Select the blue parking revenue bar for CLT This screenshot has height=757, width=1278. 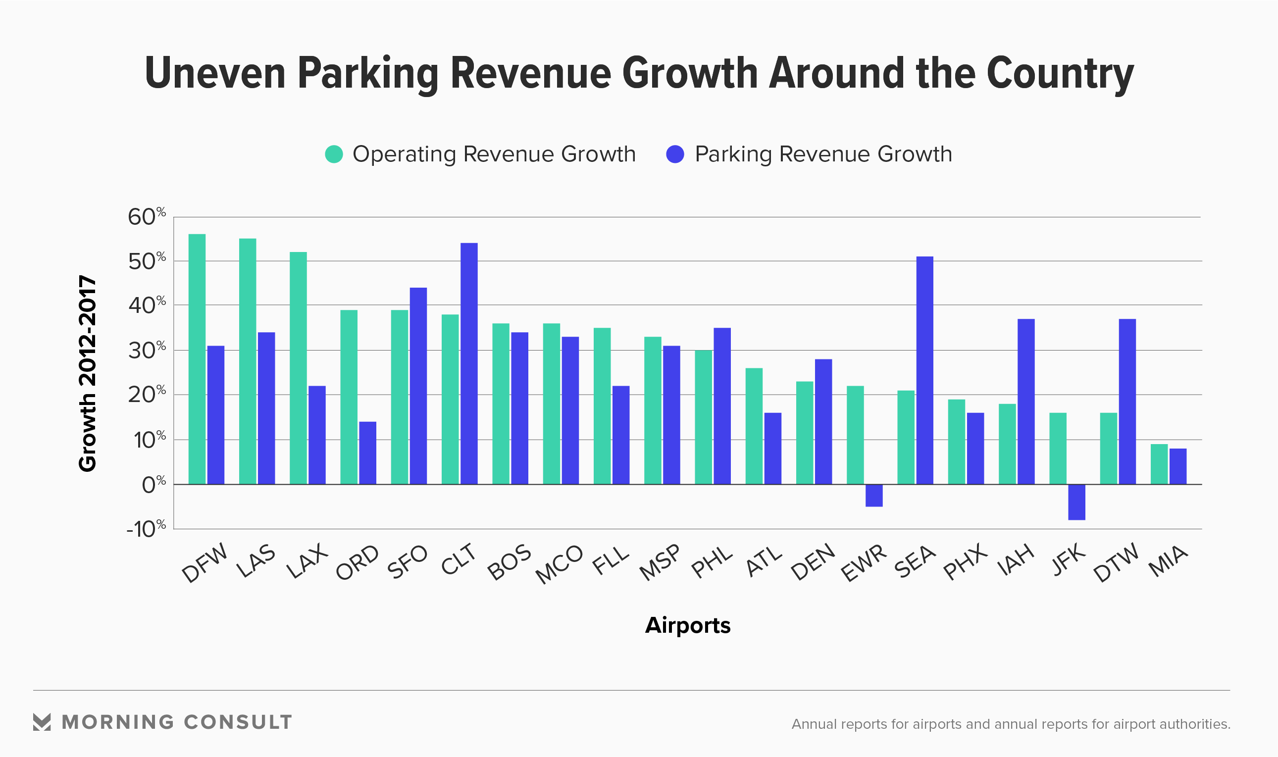point(469,363)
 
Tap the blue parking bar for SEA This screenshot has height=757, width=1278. point(924,370)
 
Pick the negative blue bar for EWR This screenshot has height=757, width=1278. point(874,495)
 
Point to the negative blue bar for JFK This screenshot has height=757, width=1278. point(1076,502)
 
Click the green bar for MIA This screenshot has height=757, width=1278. point(1159,464)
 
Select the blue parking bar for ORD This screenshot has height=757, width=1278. point(367,453)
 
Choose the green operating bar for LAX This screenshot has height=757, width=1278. point(299,368)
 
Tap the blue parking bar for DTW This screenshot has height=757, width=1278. point(1127,402)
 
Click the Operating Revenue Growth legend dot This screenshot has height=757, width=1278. point(334,154)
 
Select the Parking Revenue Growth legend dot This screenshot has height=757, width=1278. point(675,154)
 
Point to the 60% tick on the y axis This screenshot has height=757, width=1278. point(147,217)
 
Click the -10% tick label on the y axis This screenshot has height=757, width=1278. point(146,529)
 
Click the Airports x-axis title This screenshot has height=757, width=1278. point(688,625)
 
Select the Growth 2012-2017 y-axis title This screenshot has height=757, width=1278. point(88,373)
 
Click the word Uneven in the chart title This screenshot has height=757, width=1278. point(215,73)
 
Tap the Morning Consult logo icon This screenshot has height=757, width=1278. point(42,722)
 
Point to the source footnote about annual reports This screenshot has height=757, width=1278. point(1011,724)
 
